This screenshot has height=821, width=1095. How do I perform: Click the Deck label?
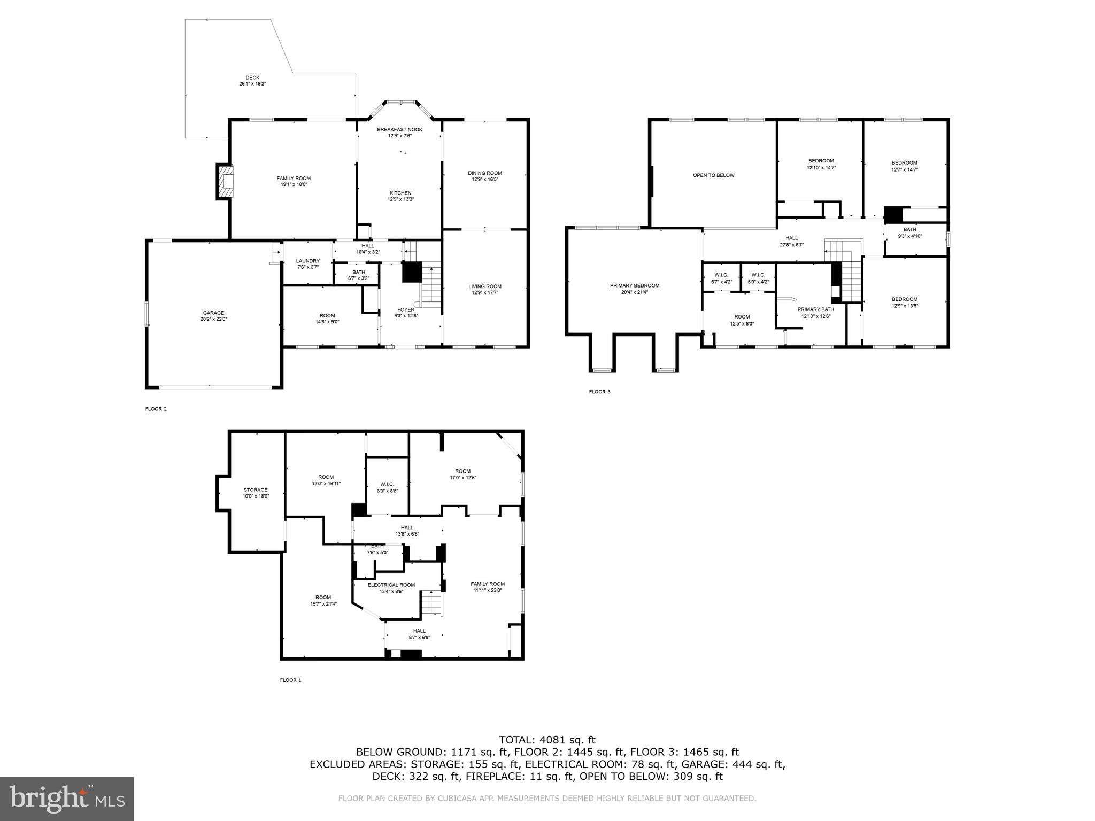click(x=252, y=78)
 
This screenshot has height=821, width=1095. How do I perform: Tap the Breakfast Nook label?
click(x=399, y=129)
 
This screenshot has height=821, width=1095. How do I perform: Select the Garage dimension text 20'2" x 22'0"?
click(x=213, y=320)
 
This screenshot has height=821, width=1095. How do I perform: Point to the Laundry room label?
click(x=307, y=261)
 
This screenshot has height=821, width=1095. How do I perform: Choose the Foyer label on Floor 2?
click(x=405, y=309)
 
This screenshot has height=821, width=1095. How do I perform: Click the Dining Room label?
click(x=485, y=173)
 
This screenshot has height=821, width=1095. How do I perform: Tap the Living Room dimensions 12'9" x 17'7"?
click(x=485, y=293)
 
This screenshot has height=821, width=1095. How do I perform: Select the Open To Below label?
click(x=713, y=175)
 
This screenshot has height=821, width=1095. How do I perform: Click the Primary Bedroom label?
click(x=634, y=285)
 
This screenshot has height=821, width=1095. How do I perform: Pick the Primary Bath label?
click(x=815, y=309)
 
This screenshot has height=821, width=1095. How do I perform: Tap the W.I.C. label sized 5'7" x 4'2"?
click(x=721, y=275)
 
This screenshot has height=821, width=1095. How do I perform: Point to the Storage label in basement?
click(x=255, y=490)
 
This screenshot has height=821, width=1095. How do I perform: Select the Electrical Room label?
click(x=391, y=585)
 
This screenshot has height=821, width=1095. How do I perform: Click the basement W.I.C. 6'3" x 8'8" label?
click(x=387, y=484)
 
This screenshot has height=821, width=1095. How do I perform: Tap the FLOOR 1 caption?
click(x=291, y=680)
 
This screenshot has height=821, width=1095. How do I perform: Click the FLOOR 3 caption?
click(x=599, y=392)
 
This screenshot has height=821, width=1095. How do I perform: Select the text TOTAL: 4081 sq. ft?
click(x=547, y=740)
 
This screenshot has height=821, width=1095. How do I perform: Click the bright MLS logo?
click(x=67, y=799)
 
